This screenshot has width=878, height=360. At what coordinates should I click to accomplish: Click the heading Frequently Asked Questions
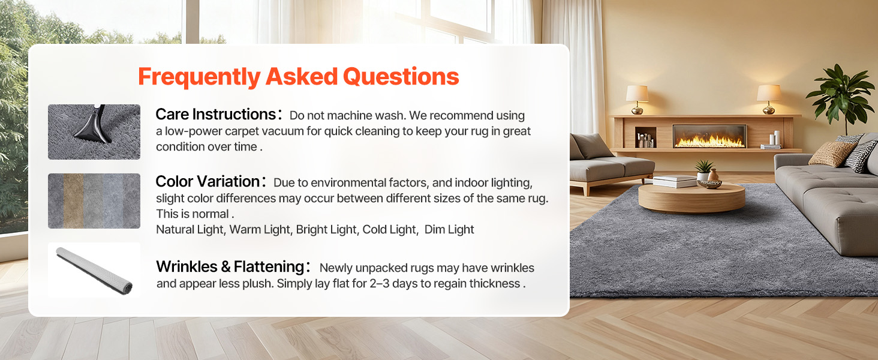298,76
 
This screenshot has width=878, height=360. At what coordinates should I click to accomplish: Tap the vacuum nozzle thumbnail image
94,132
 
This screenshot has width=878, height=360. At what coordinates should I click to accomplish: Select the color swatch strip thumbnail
94,201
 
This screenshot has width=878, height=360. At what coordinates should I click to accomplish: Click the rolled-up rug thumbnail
94,270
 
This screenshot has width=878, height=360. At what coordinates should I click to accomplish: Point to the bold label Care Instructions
216,115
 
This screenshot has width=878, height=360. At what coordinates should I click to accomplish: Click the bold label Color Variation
208,182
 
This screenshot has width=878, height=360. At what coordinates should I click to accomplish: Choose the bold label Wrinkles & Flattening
230,266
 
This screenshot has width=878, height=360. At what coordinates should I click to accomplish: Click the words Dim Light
449,229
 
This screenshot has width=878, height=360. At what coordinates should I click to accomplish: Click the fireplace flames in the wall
709,141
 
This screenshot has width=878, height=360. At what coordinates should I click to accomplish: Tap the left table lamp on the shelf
637,100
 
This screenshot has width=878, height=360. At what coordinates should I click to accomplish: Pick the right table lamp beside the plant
768,99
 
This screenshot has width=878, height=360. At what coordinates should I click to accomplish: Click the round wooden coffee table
691,197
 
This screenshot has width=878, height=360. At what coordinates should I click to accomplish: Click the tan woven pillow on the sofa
832,154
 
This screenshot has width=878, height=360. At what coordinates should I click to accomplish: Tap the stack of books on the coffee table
673,181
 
